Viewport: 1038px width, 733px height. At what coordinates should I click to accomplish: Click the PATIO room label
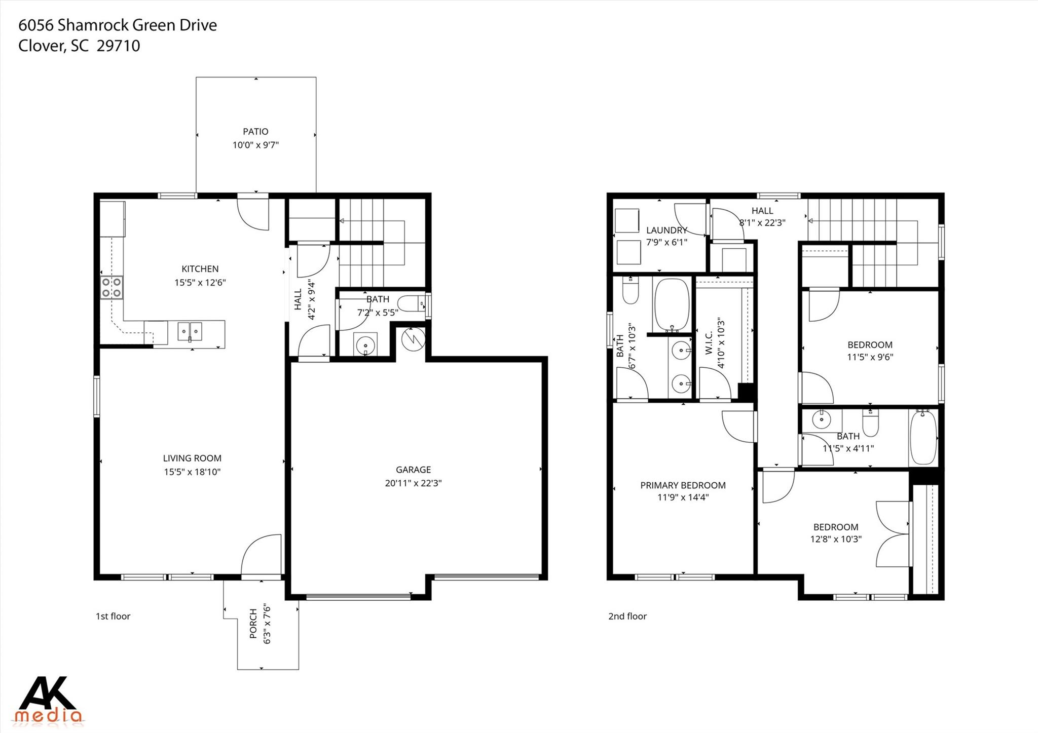coord(255,132)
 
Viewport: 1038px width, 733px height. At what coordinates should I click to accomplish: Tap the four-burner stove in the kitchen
coord(112,287)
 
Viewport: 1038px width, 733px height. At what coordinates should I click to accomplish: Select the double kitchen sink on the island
coord(190,331)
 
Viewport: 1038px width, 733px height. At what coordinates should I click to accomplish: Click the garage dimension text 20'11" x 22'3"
coord(413,483)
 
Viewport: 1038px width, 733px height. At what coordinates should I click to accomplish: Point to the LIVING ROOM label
coord(192,458)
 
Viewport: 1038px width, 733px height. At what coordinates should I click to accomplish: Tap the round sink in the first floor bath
coord(366,346)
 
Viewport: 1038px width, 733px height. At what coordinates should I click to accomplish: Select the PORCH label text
coord(253,623)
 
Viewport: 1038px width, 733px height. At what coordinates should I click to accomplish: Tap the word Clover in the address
coord(41,46)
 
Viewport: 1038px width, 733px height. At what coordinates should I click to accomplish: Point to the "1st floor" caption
coord(113,616)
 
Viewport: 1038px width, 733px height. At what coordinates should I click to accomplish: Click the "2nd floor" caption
coord(627,616)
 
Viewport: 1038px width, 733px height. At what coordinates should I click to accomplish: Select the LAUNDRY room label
coord(666,230)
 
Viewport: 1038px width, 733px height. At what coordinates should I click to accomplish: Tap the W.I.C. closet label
coord(709,342)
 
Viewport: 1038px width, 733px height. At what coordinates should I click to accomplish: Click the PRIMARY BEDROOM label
coord(683,485)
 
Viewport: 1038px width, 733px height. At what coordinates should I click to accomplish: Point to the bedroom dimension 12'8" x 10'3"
coord(836,539)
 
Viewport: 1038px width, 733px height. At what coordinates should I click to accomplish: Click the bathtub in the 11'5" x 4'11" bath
coord(923,438)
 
